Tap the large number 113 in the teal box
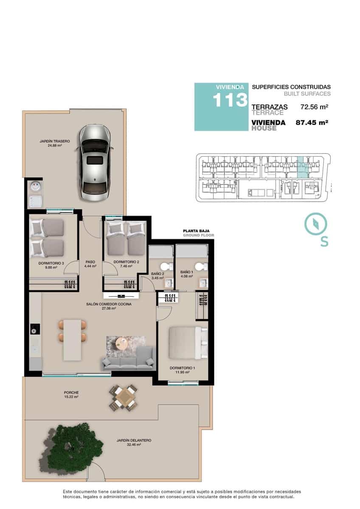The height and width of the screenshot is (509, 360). point(230,101)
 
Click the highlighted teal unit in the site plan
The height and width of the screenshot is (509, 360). point(302,168)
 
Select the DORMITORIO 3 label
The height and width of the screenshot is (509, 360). point(51,263)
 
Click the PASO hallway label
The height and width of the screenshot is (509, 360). point(90,262)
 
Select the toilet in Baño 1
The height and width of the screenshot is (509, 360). point(205,266)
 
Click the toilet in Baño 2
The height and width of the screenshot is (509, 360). point(170,266)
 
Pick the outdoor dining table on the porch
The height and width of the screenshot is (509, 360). point(124,397)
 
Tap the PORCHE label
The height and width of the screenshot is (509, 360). point(72,392)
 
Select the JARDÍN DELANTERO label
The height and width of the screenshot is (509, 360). point(134,440)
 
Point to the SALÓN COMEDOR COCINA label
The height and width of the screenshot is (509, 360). point(109,304)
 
